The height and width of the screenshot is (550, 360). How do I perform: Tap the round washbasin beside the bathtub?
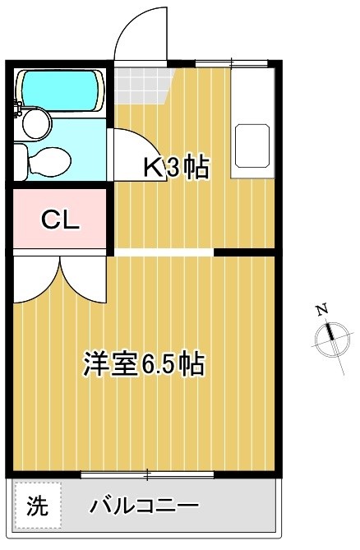(x=35, y=124)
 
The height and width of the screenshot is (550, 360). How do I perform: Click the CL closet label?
(x=60, y=219)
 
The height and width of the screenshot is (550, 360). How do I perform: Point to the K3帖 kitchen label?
(x=176, y=168)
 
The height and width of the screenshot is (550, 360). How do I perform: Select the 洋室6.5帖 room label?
(x=143, y=363)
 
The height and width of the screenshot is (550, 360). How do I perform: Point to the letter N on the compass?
(x=322, y=310)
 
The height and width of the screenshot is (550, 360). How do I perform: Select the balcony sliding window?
(x=148, y=474)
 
